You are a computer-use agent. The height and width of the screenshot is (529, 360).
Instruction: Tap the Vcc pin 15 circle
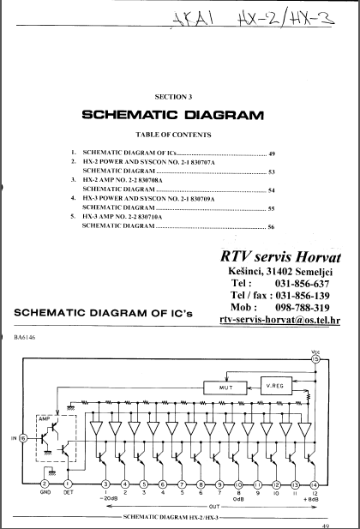point(315,359)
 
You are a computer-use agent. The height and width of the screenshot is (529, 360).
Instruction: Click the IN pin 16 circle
point(23,438)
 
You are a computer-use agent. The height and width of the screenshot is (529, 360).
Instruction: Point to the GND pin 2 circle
point(43,485)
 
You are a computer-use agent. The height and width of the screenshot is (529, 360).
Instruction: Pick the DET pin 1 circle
point(68,485)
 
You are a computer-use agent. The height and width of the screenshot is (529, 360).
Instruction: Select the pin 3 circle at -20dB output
point(106,485)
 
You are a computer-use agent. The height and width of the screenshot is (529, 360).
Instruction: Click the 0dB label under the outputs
point(238,500)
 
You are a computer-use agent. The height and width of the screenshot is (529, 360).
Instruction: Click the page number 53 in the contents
point(271,171)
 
